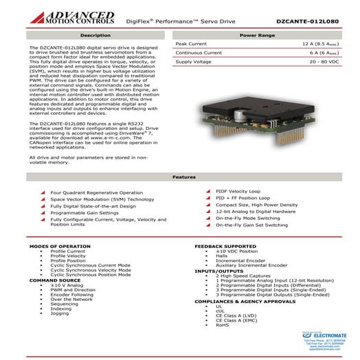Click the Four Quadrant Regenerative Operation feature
point(97,193)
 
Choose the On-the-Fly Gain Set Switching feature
point(251,225)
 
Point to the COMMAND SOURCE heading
point(55,280)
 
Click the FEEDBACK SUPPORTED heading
point(225,245)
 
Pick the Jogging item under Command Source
point(60,313)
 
